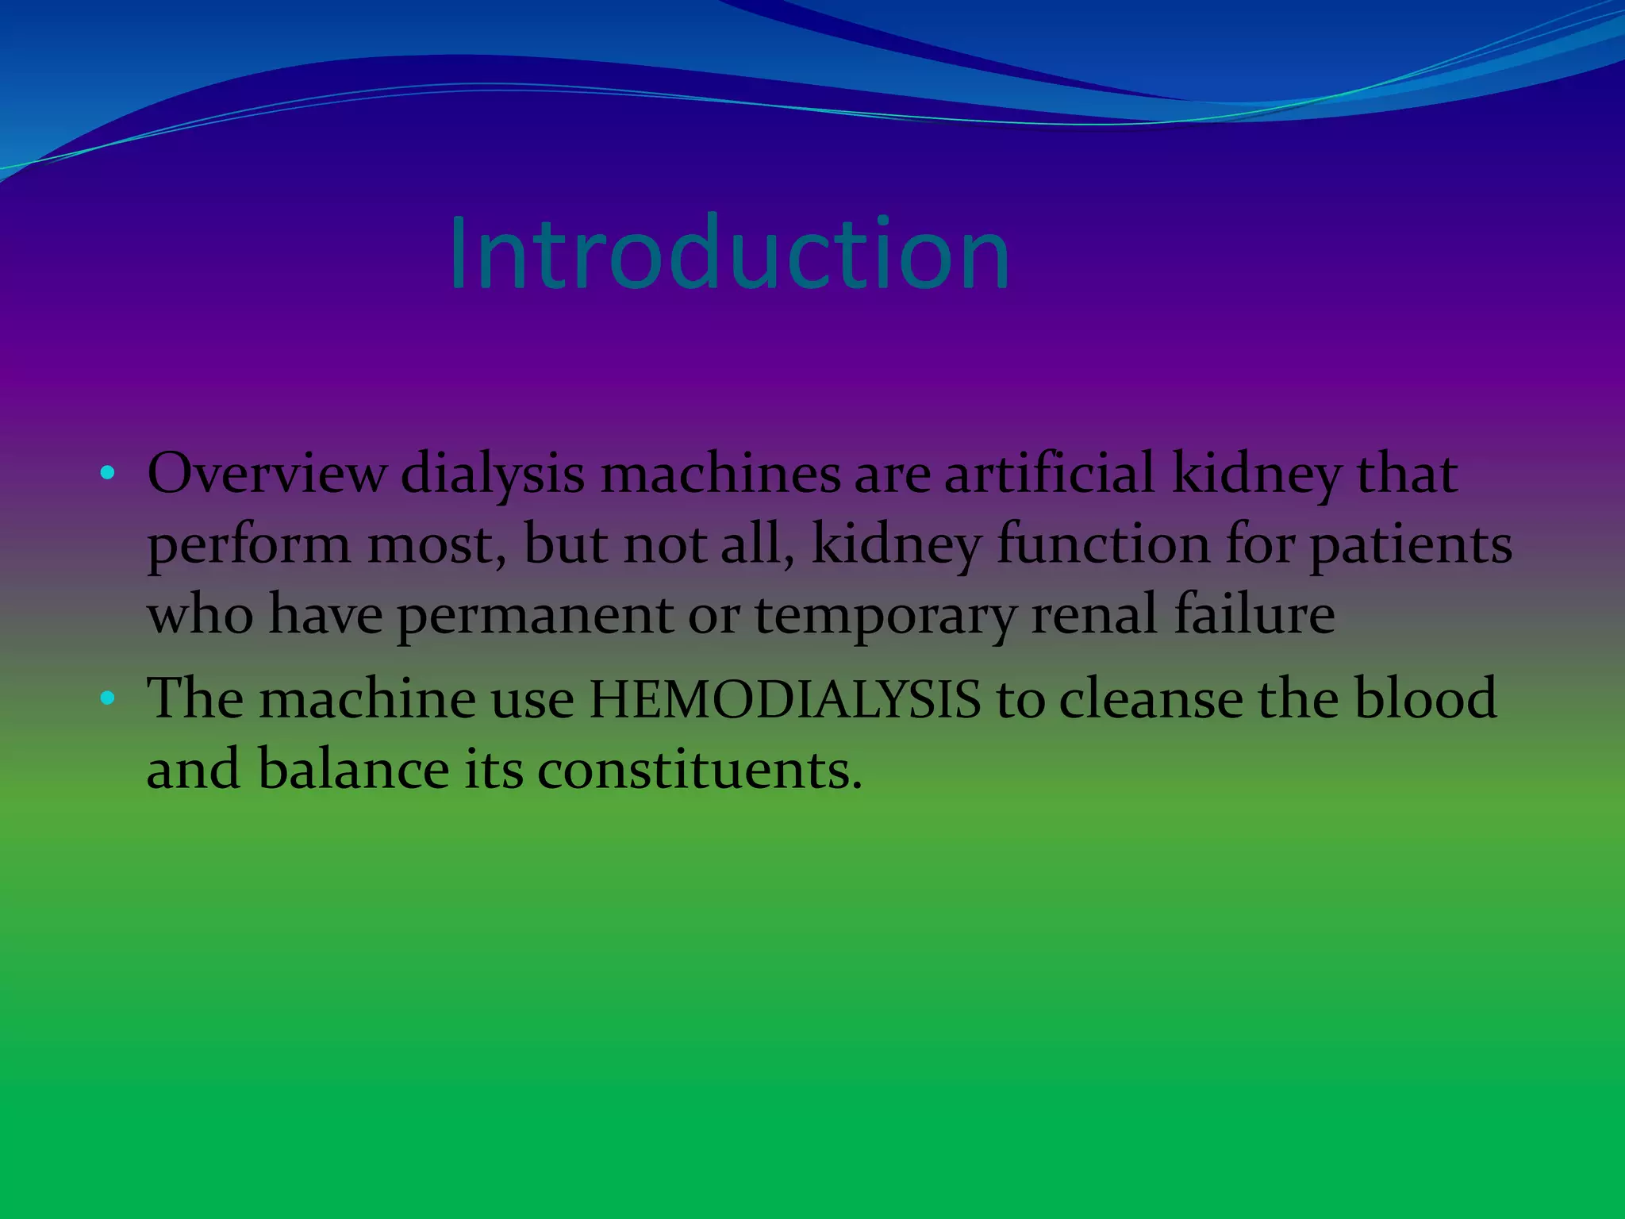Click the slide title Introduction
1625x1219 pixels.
click(728, 254)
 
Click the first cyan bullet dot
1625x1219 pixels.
click(108, 475)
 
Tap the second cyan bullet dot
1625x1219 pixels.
click(108, 698)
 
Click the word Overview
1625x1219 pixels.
click(267, 475)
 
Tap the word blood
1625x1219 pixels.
click(1424, 698)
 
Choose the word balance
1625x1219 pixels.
click(353, 770)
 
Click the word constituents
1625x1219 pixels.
click(699, 770)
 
